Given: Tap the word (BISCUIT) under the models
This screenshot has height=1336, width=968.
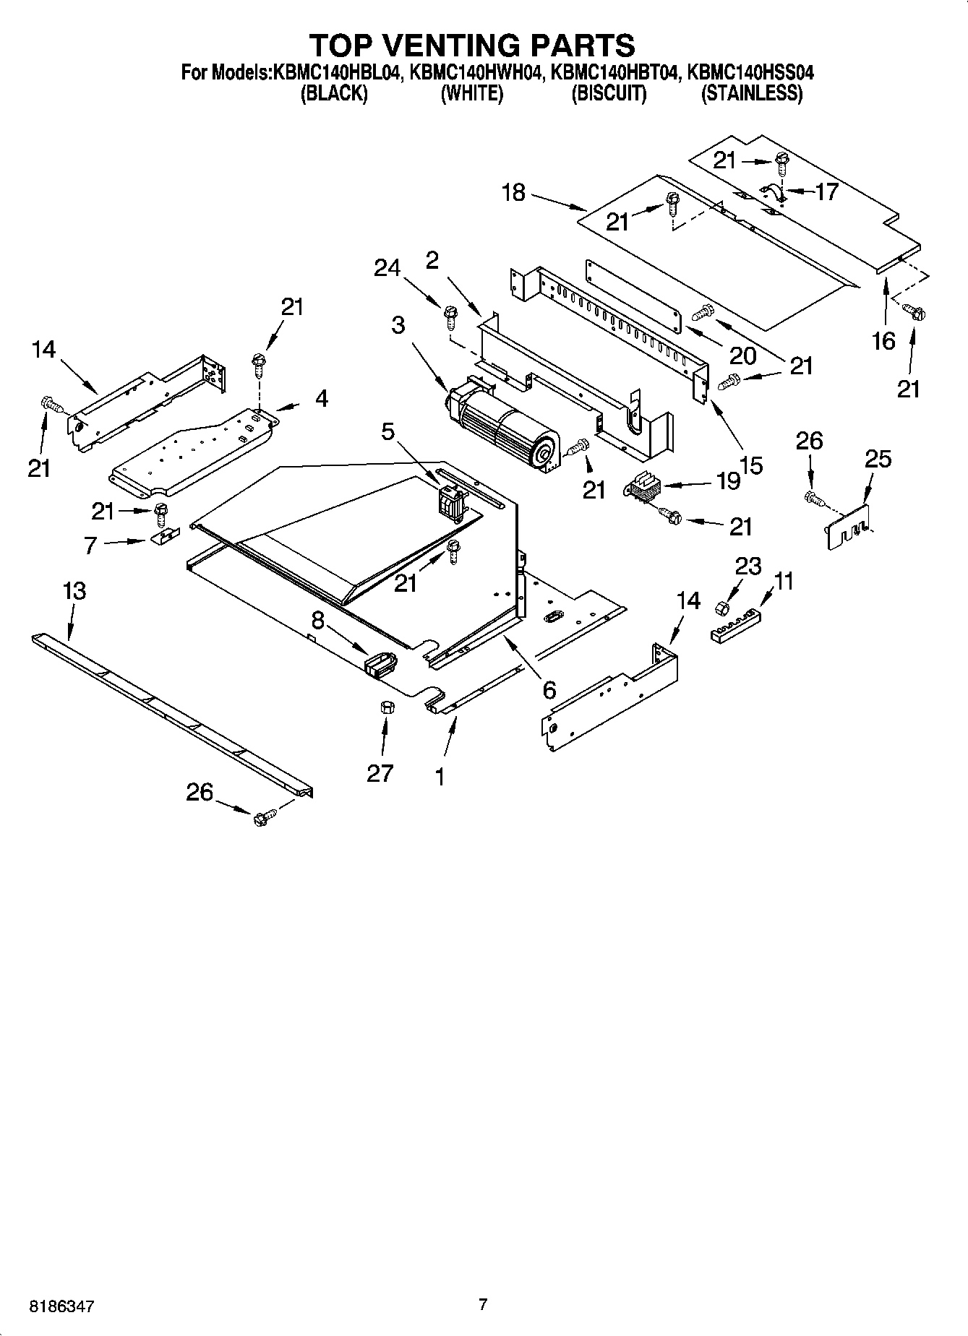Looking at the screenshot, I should pos(609,94).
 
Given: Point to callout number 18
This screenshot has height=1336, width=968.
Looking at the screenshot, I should pos(513,194).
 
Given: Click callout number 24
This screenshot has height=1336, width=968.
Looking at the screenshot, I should pos(387,268).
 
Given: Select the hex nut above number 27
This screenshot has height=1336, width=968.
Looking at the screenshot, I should pos(385,707).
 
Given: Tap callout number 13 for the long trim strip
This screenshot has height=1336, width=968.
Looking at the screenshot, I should pos(74,591).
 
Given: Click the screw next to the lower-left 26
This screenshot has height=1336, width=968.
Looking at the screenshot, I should pos(262,819).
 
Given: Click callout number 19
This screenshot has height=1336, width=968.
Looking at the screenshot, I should pos(729,480).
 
